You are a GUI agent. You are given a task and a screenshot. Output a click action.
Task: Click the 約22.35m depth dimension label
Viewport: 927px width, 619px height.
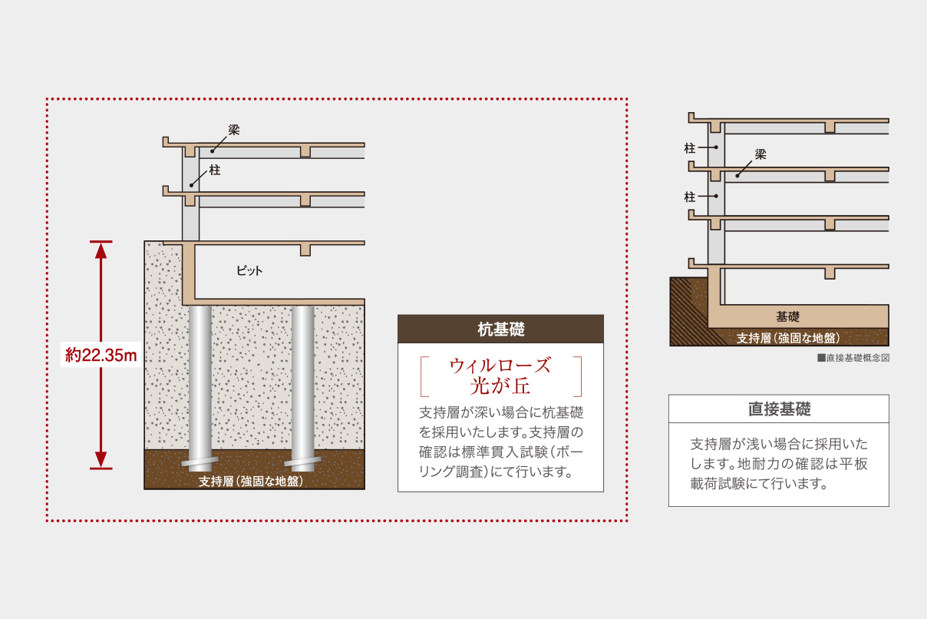[x=101, y=355]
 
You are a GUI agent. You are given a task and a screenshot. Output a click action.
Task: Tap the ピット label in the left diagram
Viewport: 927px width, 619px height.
[x=249, y=271]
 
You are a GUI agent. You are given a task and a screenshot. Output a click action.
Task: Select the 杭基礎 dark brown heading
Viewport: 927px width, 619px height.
[x=500, y=329]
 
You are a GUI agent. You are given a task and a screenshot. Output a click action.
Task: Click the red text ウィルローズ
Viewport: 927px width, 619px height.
[x=500, y=364]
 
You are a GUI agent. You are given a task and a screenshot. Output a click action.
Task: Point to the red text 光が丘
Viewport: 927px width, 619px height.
[x=500, y=384]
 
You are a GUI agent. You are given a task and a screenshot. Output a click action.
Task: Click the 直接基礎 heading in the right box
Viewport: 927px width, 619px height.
[x=779, y=409]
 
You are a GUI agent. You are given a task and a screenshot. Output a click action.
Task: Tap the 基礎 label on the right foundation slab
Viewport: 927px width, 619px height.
[x=787, y=316]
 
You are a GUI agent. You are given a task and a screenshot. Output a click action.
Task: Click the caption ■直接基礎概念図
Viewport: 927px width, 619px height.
[x=853, y=358]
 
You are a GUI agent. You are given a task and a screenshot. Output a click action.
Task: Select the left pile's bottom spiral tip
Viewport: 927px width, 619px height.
[x=200, y=463]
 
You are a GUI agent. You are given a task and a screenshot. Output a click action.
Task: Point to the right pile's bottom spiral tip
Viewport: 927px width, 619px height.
[x=302, y=463]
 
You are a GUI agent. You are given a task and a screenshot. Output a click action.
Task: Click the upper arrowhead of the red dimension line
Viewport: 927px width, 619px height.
[x=101, y=249]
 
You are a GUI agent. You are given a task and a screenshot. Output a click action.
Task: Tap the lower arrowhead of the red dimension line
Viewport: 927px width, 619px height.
[x=101, y=461]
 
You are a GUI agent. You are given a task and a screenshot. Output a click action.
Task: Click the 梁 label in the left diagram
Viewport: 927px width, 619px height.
[x=234, y=130]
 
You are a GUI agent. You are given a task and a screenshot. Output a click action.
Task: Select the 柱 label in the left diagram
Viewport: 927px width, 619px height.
[x=215, y=170]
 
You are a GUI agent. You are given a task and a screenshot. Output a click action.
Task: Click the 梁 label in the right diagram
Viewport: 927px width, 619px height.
[x=760, y=154]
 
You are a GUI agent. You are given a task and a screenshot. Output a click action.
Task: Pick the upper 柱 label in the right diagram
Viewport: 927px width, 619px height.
[x=689, y=147]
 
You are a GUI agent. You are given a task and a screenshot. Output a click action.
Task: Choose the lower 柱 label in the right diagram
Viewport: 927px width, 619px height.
[x=689, y=197]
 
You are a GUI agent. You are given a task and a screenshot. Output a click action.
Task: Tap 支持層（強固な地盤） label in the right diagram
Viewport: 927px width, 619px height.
[x=788, y=338]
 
